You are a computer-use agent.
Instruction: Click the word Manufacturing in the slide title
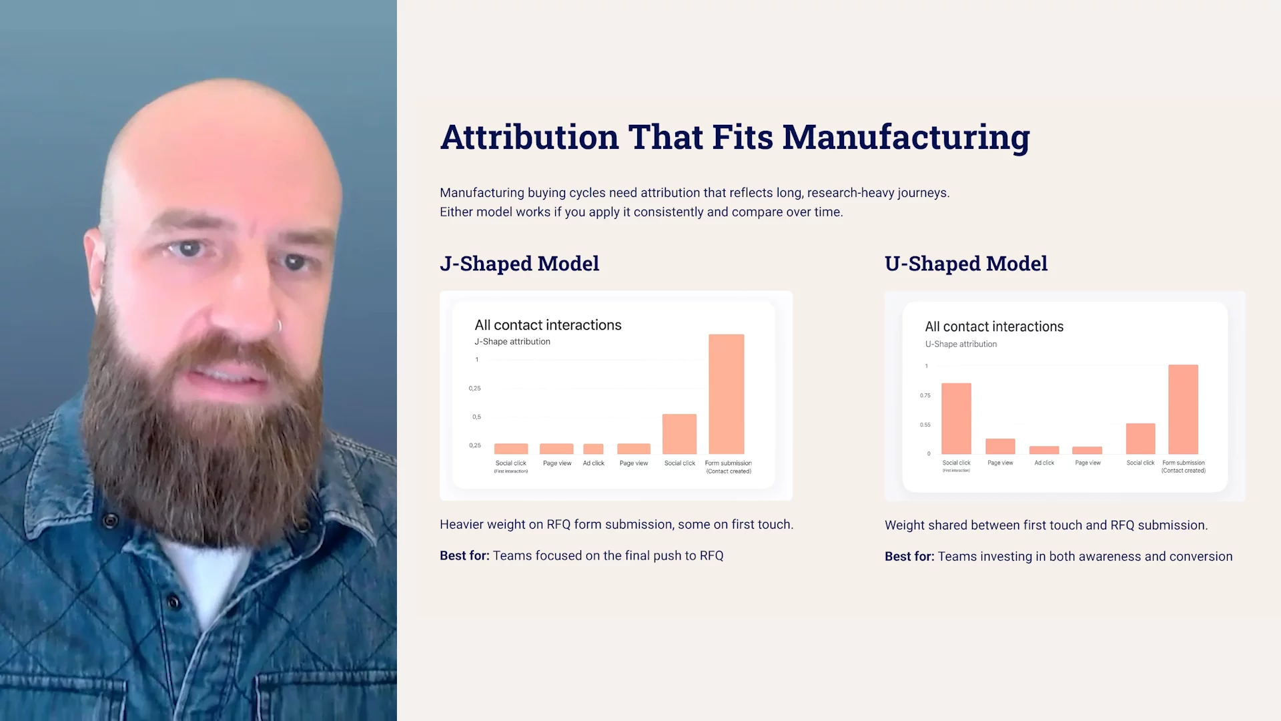905,138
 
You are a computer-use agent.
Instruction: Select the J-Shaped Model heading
519,264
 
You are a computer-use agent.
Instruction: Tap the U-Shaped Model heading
965,264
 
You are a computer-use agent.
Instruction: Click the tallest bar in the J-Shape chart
726,394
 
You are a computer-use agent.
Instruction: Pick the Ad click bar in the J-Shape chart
593,449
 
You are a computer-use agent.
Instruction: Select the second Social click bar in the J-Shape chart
679,434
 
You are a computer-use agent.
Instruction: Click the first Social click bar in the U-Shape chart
956,419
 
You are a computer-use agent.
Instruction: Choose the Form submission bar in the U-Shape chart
1183,409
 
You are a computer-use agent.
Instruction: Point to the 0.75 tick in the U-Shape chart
925,395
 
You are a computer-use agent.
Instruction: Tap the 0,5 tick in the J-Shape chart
476,417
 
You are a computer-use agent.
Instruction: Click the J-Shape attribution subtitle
512,342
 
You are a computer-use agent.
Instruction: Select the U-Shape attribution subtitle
961,344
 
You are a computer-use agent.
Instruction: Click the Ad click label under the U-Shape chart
1044,463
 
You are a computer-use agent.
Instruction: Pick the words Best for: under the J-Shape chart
464,555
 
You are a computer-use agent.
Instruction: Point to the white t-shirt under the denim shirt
207,574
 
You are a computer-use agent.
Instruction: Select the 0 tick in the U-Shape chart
928,454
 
